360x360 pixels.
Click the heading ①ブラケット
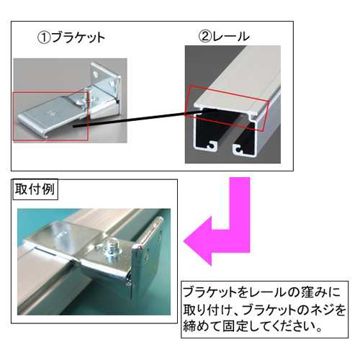(x=71, y=37)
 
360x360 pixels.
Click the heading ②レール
(x=224, y=36)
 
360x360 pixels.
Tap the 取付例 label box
(x=35, y=189)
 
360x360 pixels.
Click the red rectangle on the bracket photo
(x=13, y=117)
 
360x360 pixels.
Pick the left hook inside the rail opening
(x=211, y=145)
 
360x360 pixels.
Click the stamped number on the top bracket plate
(x=49, y=112)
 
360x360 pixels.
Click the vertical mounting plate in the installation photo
(x=146, y=258)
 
